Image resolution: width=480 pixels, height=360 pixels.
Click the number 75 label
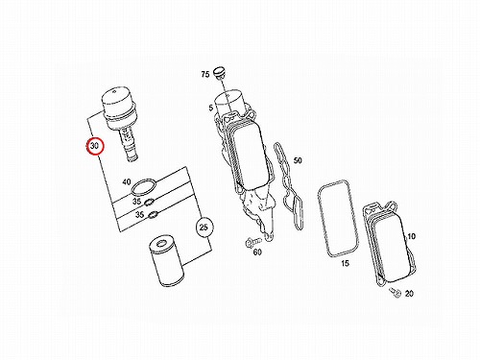click(205, 74)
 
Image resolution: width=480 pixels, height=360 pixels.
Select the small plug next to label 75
click(219, 73)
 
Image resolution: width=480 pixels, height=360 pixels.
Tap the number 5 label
click(210, 108)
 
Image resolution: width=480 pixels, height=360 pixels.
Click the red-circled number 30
click(94, 146)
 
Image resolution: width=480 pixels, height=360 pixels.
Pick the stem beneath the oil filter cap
click(129, 144)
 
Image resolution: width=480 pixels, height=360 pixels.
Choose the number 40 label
click(127, 181)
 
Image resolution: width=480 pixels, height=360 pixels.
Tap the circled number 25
click(204, 228)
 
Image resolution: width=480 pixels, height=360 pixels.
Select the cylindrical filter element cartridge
click(166, 260)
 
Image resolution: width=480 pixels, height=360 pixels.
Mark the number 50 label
click(298, 160)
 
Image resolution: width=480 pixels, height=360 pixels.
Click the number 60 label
click(257, 252)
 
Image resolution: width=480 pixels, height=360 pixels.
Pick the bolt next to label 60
click(252, 242)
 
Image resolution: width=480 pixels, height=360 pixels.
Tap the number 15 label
click(345, 263)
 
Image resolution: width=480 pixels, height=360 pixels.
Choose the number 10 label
click(411, 236)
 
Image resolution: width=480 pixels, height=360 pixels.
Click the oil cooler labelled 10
click(390, 243)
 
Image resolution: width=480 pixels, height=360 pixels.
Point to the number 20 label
click(409, 293)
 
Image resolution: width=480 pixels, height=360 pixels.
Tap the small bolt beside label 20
click(396, 292)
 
